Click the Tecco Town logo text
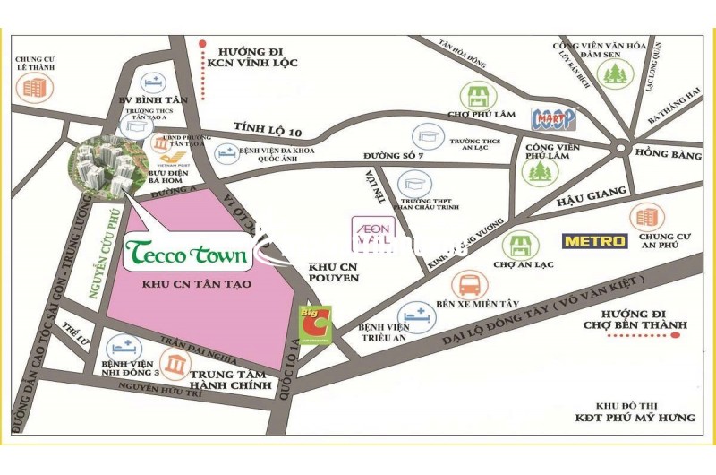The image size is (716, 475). pos(187,255)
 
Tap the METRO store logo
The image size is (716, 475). pos(594,241)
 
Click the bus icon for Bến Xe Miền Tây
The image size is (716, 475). pos(468,286)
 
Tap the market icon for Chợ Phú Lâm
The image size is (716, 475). pos(473,97)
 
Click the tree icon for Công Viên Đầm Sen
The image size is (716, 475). pos(615,73)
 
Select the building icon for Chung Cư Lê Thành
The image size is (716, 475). pos(34,87)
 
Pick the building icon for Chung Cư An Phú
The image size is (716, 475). pos(645,216)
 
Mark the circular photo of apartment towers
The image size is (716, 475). pos(101,168)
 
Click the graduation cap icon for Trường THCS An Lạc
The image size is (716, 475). pos(428,136)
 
